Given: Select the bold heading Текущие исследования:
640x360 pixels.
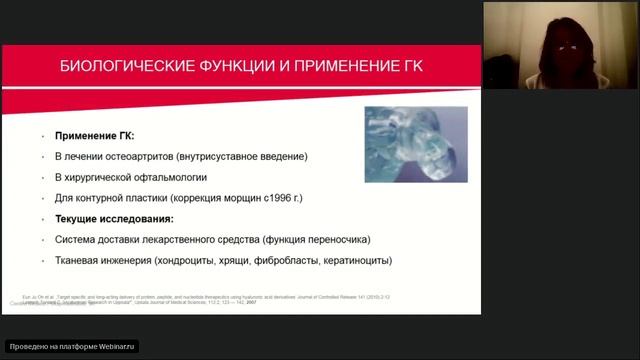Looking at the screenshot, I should click(x=113, y=218).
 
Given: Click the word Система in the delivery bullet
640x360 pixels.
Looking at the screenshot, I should click(x=78, y=240).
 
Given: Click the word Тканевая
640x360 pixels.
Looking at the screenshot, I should click(x=80, y=261).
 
